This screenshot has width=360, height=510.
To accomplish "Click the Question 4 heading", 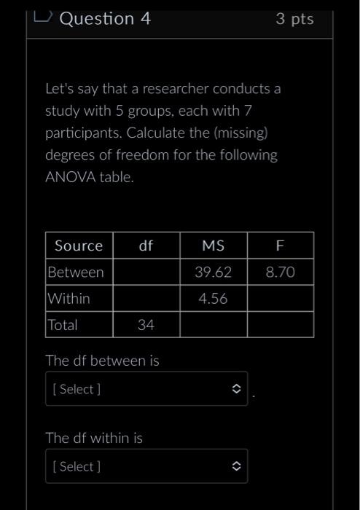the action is coord(105,19).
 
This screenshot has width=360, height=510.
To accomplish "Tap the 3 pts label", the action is coord(294,19).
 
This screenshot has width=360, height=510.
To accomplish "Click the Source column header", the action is coord(79,246).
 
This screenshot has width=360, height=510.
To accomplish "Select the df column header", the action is coord(146,246).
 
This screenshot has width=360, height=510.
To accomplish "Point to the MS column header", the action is coord(213,246).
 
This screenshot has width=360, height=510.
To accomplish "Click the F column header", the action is coord(280,246).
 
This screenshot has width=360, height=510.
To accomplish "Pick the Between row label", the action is coord(76,272).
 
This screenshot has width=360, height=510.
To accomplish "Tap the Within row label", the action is coord(69,299).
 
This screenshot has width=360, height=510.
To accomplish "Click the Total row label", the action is coord(63,325).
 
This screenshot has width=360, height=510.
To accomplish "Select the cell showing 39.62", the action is coord(213,272).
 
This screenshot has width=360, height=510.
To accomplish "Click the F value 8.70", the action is coord(280,272).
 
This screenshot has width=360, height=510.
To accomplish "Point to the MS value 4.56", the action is coord(213,299).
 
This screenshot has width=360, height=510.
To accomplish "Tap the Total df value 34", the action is coord(146,325).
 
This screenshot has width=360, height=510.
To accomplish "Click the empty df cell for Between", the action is coord(146,272).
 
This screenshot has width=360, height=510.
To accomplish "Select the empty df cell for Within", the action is coord(146,299).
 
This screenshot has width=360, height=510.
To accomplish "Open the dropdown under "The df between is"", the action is coord(146,389).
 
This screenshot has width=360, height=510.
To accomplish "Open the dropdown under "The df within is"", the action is coord(146,466).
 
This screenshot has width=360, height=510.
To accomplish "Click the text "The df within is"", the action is coord(94,438).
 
